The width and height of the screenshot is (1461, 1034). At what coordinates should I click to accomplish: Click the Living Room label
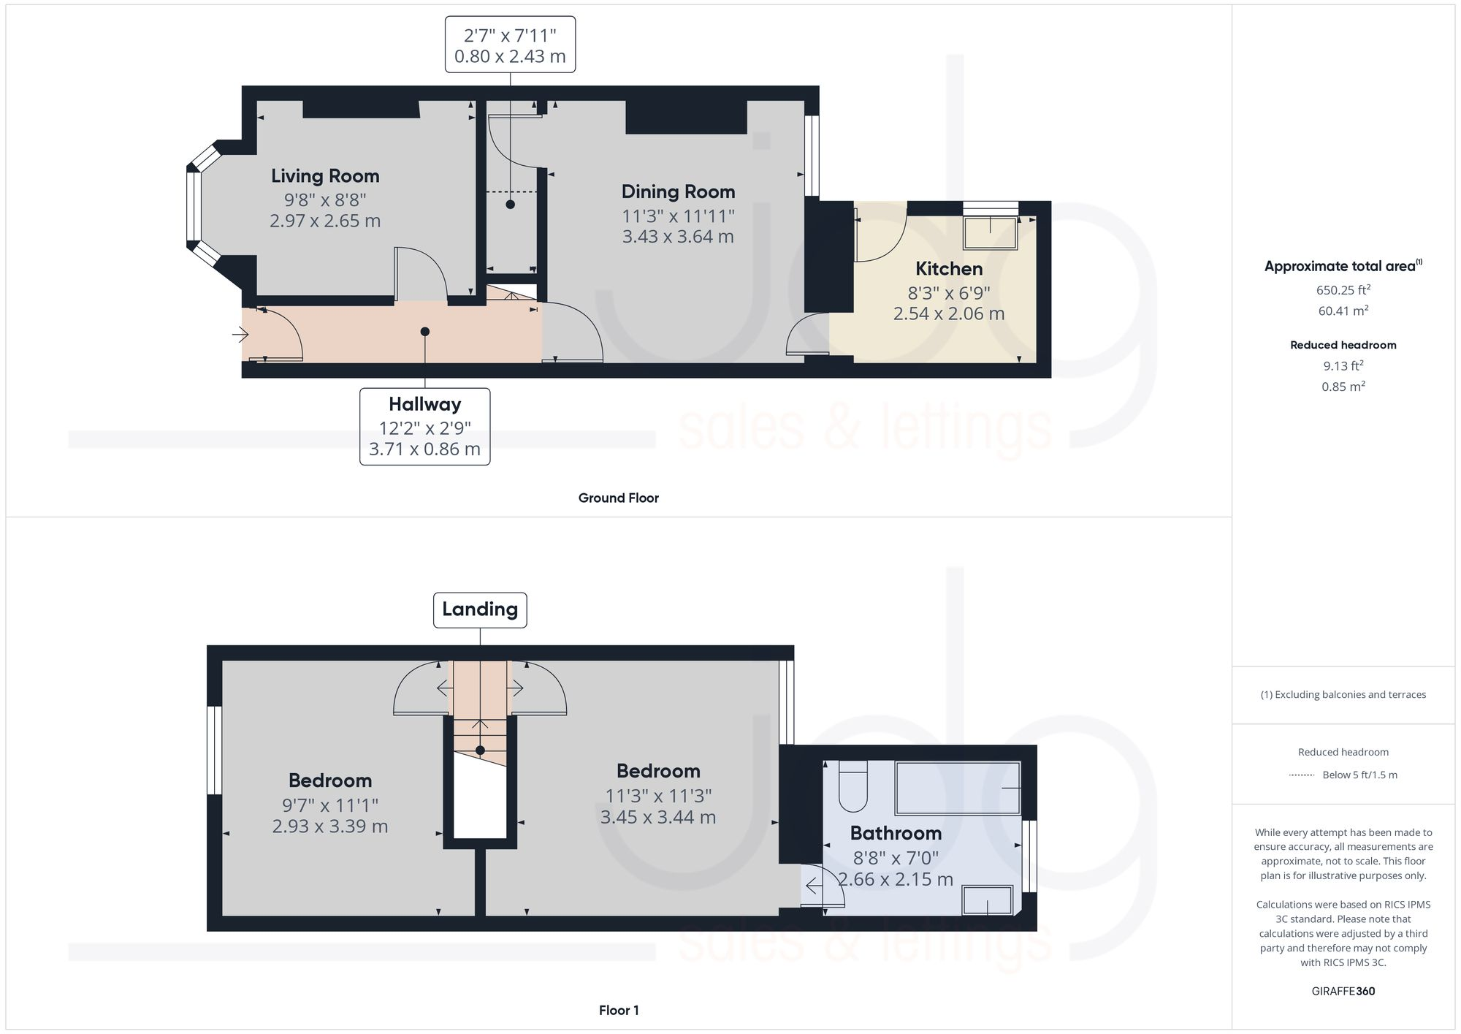pos(325,176)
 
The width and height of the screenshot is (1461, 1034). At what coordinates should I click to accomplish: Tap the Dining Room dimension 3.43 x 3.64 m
pos(678,237)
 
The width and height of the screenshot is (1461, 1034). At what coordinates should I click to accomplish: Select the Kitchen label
pos(949,269)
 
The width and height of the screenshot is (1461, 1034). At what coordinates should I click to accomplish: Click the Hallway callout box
pos(424,427)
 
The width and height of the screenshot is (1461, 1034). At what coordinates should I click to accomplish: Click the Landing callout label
pos(480,609)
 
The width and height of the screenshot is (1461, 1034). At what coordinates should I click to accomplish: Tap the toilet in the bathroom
pos(852,787)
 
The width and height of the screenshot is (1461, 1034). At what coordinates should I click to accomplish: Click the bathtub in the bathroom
pos(957,788)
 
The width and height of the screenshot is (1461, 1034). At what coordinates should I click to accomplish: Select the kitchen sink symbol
pos(991,232)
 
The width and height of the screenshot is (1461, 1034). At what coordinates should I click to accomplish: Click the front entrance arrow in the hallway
pos(240,335)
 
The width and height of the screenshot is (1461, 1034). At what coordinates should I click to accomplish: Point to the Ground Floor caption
pos(618,498)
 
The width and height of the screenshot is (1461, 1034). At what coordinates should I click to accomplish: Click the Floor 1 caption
pos(618,1011)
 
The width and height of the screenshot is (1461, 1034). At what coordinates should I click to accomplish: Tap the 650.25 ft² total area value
pos(1343,290)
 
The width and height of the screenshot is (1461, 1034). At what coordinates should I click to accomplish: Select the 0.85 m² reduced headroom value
pos(1343,387)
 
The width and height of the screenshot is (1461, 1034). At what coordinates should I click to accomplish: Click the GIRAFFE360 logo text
pos(1343,992)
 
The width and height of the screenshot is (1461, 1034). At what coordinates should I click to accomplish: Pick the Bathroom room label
pos(896,834)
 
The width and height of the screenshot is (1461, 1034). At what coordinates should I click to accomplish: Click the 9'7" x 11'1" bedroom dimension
pos(330,805)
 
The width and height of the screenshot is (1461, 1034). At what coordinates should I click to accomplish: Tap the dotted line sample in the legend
pos(1302,775)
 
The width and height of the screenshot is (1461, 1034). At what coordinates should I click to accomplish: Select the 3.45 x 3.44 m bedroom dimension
pos(657,818)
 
